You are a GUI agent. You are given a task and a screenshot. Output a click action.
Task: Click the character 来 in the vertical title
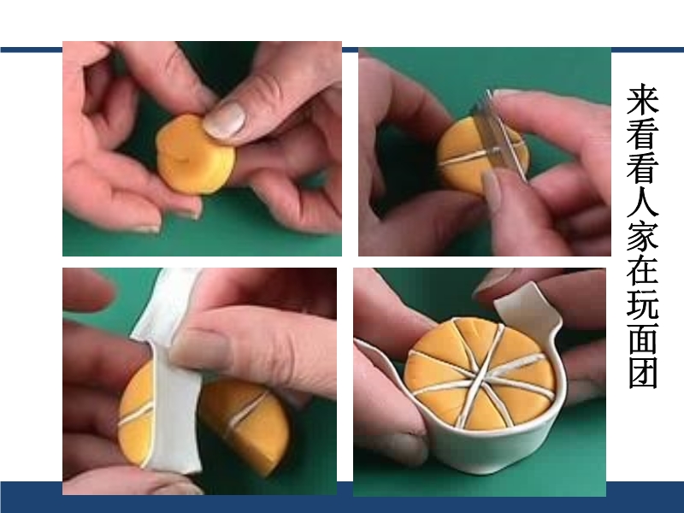click(x=643, y=99)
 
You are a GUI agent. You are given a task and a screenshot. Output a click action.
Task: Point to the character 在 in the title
click(x=643, y=270)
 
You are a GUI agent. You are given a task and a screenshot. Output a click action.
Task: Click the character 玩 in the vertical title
click(x=643, y=304)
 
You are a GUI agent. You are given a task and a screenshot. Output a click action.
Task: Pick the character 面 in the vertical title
click(x=643, y=339)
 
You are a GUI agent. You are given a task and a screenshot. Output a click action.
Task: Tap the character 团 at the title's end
click(x=643, y=373)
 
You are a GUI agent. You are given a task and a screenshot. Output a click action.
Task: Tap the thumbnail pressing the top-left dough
click(x=224, y=120)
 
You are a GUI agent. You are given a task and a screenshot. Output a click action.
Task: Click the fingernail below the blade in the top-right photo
click(x=493, y=188)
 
